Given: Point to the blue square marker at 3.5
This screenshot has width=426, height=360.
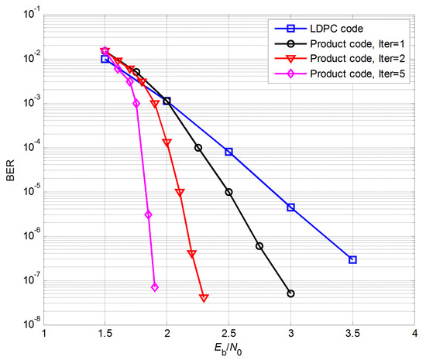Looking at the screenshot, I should pyautogui.click(x=352, y=259).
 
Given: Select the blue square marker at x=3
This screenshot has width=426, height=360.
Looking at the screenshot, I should pyautogui.click(x=290, y=207).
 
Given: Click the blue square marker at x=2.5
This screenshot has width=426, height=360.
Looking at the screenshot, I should pyautogui.click(x=228, y=152).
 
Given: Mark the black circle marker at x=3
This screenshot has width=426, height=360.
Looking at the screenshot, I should pyautogui.click(x=290, y=293).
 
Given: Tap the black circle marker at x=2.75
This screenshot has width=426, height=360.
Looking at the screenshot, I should pyautogui.click(x=259, y=246).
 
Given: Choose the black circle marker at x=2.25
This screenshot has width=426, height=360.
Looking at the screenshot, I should pyautogui.click(x=198, y=148).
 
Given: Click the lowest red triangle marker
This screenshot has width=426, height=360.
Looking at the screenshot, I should pyautogui.click(x=204, y=297).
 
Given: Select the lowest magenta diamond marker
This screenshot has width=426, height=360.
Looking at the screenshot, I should pyautogui.click(x=155, y=287).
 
